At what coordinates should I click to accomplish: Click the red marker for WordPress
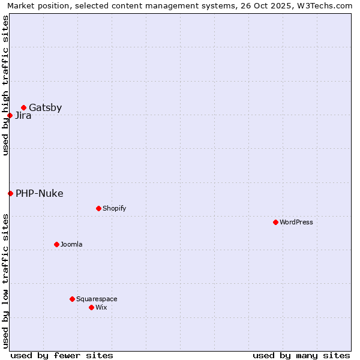click(275, 222)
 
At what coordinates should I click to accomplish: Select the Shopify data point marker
click(98, 208)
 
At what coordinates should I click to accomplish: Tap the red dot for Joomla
click(56, 244)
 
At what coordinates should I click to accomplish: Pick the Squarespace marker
click(72, 299)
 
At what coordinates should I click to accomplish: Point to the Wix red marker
click(91, 307)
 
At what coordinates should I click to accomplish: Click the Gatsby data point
click(23, 108)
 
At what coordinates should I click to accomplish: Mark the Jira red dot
click(10, 115)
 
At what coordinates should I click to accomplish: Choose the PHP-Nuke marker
click(10, 193)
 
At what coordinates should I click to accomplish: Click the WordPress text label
click(296, 223)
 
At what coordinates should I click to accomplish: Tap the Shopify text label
click(114, 209)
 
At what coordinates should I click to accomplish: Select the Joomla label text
click(71, 245)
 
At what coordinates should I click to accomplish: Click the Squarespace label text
click(97, 299)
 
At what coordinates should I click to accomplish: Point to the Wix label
click(101, 308)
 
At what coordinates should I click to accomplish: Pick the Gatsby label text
click(45, 108)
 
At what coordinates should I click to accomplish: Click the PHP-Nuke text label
click(39, 194)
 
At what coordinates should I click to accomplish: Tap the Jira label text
click(23, 116)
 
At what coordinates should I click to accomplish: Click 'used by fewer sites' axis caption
click(62, 355)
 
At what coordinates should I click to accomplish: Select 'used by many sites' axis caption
click(301, 355)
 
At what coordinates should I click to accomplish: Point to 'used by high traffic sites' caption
click(5, 85)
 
